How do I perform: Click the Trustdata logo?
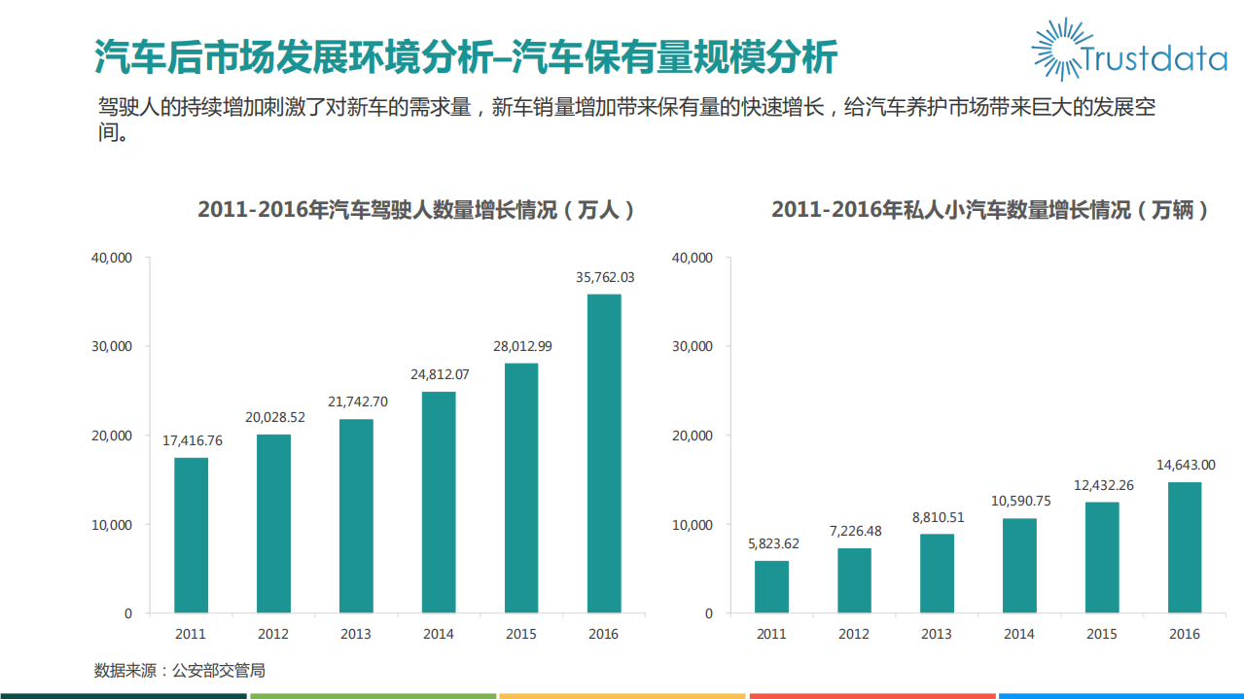click(x=1128, y=50)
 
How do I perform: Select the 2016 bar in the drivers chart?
click(x=604, y=453)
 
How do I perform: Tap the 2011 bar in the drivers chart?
click(x=191, y=535)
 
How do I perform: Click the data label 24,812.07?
click(x=439, y=374)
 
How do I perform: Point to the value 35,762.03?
click(x=604, y=277)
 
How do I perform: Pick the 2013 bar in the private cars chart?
click(x=937, y=574)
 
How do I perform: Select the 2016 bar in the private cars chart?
click(x=1184, y=547)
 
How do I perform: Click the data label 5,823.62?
click(x=771, y=543)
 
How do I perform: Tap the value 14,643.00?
click(x=1184, y=465)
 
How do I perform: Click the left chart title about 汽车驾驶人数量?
click(x=417, y=210)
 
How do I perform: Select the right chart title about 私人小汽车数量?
click(x=990, y=210)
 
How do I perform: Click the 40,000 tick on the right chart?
click(x=693, y=258)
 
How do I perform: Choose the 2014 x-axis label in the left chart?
click(x=439, y=634)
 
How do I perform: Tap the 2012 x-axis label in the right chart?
click(x=854, y=634)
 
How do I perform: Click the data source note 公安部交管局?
click(x=179, y=670)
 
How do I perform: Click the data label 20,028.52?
click(x=274, y=417)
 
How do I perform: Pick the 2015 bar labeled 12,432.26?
click(x=1102, y=557)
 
